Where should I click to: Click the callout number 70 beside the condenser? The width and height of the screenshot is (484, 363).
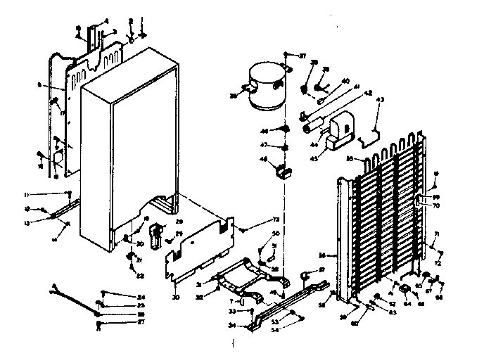pos(436,205)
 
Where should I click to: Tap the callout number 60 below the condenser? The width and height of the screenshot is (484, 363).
pos(355,324)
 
